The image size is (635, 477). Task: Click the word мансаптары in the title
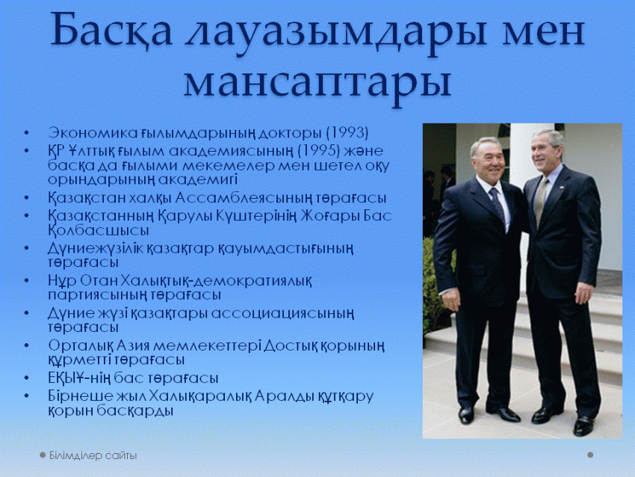317,83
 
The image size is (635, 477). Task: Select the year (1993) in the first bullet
347,132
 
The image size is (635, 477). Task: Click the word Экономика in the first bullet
93,133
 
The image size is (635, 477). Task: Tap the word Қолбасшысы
99,230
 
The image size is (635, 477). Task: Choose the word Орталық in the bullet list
80,345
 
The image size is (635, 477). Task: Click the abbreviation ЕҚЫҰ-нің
79,378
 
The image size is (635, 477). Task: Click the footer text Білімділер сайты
93,455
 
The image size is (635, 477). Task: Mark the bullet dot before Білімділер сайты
43,455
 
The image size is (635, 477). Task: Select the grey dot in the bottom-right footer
590,455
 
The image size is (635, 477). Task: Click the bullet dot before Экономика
26,133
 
